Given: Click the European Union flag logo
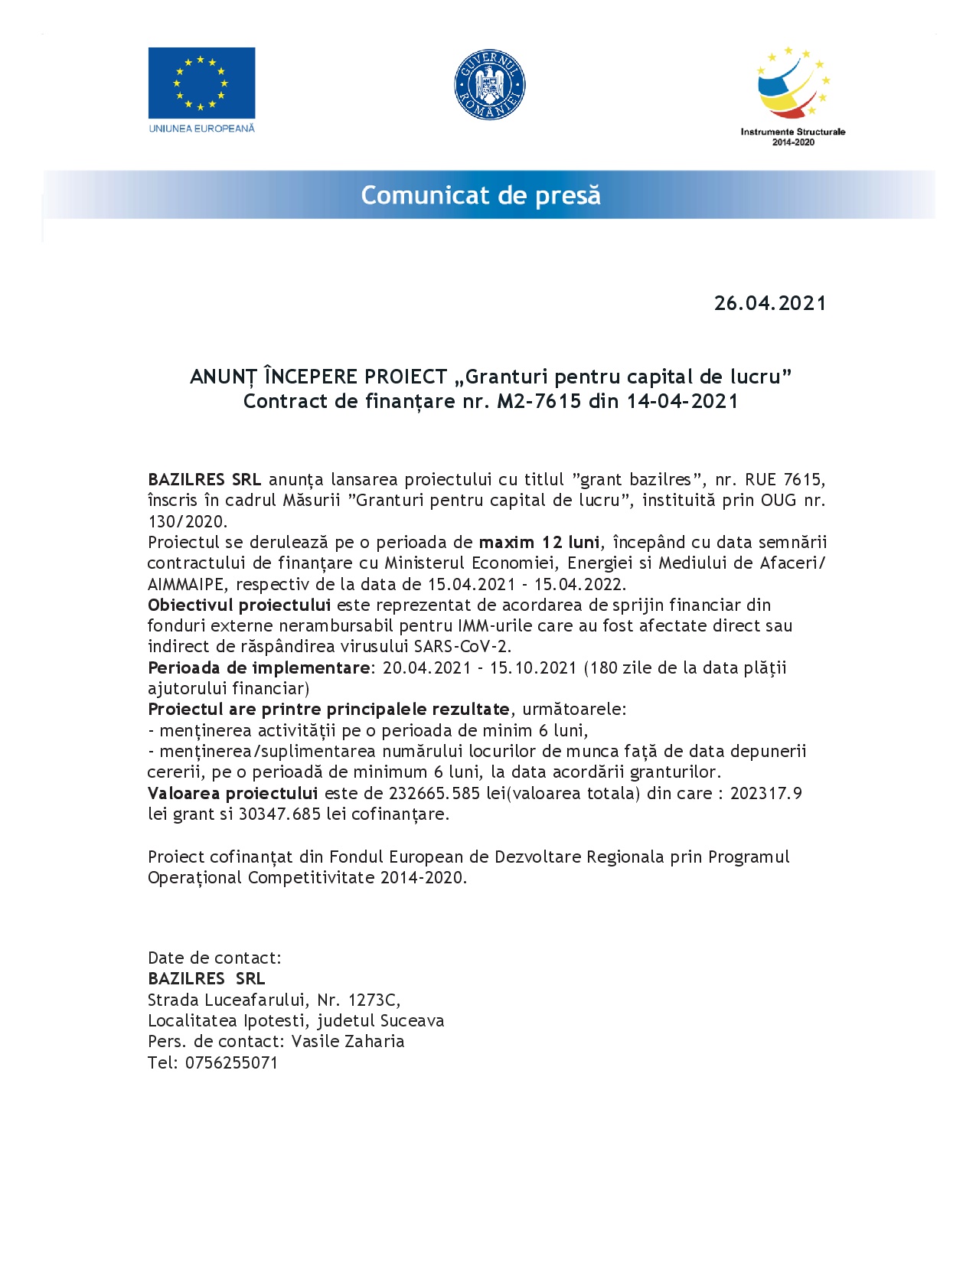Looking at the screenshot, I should (201, 83).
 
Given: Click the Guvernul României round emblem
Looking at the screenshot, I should (489, 84).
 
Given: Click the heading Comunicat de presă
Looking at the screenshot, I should (481, 195).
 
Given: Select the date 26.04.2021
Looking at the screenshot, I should (770, 303).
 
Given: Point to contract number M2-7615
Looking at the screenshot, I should (539, 401).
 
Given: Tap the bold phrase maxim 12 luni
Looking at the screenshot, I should (539, 543).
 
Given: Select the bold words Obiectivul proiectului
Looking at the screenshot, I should (239, 605).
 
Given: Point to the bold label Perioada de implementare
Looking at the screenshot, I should (259, 668).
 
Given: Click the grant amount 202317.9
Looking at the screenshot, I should (765, 794).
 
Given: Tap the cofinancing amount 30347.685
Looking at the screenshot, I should (279, 814).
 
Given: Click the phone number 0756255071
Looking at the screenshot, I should (231, 1063).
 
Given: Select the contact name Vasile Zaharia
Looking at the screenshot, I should (348, 1042).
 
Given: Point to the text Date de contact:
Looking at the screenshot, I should (214, 958).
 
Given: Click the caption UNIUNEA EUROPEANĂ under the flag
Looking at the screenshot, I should (201, 129).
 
